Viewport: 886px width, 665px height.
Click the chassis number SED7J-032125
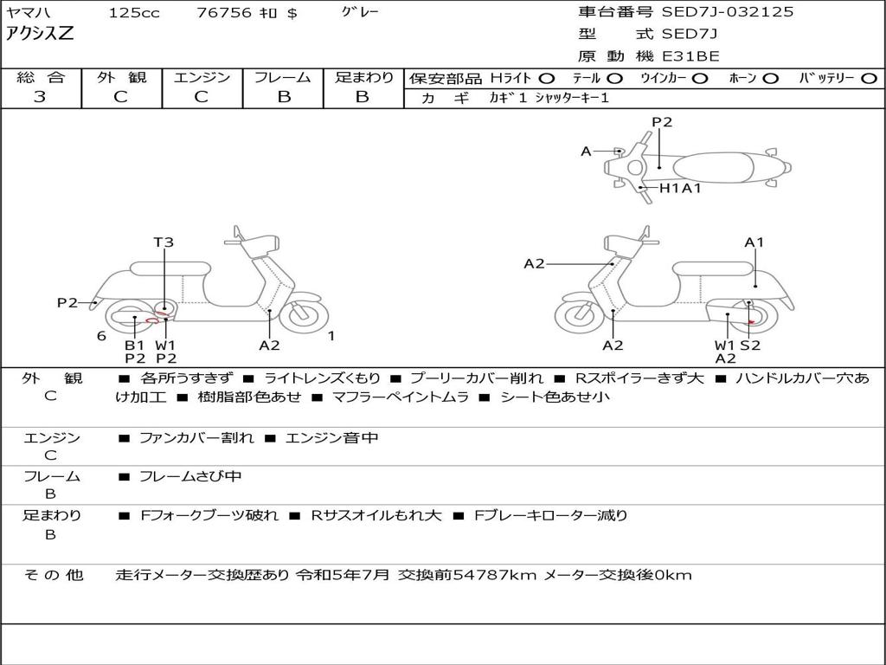tap(727, 12)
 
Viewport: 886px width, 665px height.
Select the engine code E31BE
tap(691, 56)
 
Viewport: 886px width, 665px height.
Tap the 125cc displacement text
tap(127, 13)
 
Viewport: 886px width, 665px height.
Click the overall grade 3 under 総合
tap(40, 97)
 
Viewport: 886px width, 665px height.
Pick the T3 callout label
tap(164, 242)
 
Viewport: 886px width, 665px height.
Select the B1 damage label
tap(134, 345)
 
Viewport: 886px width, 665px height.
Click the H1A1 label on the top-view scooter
tap(680, 188)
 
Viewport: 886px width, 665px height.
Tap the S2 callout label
tap(750, 345)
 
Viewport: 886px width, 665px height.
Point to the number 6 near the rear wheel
tap(101, 336)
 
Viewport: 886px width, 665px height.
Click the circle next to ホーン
tap(770, 79)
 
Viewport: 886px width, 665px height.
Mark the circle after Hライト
tap(547, 79)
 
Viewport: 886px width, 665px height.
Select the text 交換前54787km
tap(467, 575)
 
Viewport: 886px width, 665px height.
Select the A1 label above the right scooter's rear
tap(754, 242)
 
